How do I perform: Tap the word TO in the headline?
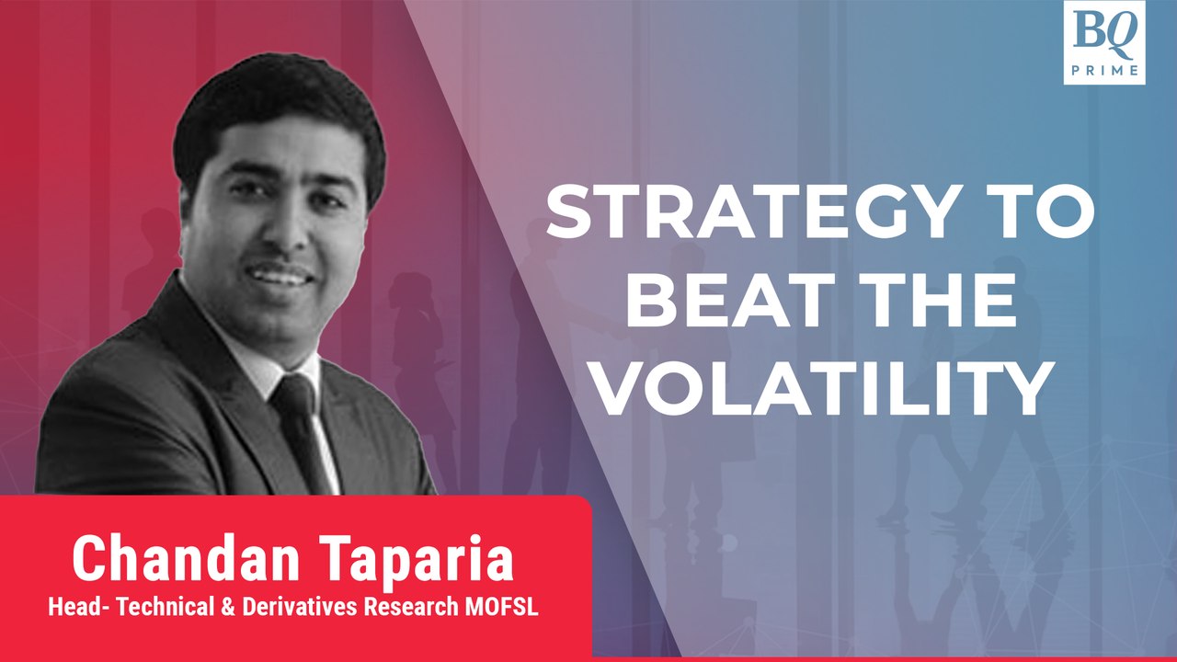(1037, 211)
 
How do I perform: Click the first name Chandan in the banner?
(185, 558)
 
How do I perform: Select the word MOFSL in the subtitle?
(501, 608)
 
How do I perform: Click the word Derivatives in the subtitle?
(301, 608)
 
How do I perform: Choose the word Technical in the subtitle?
(165, 608)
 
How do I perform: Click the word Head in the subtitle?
(74, 608)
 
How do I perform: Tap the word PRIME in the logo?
(1104, 70)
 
